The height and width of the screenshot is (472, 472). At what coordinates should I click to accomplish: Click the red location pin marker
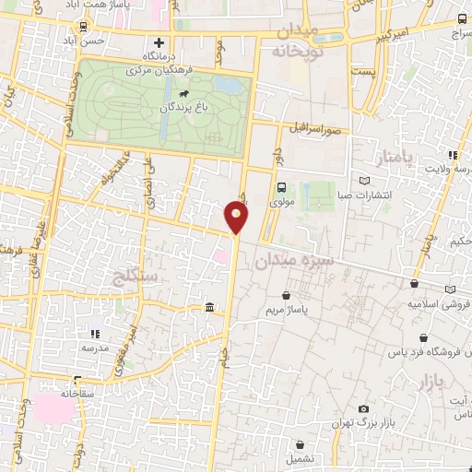coord(237,218)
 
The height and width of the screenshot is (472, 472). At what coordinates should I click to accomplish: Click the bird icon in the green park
coord(185,94)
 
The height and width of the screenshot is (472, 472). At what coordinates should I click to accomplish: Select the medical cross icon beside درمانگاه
coord(159,42)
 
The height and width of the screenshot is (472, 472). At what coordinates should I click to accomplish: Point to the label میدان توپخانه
coord(295,42)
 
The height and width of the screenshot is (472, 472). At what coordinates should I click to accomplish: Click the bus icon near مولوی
coord(282,186)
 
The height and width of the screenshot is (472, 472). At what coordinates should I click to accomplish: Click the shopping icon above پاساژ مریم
coord(289,296)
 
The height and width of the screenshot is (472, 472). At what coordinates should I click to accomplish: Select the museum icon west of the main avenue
coord(210,307)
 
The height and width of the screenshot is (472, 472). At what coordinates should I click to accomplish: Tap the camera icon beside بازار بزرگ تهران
coord(363,408)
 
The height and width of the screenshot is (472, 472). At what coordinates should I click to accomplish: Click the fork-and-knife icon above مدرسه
coord(94,334)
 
